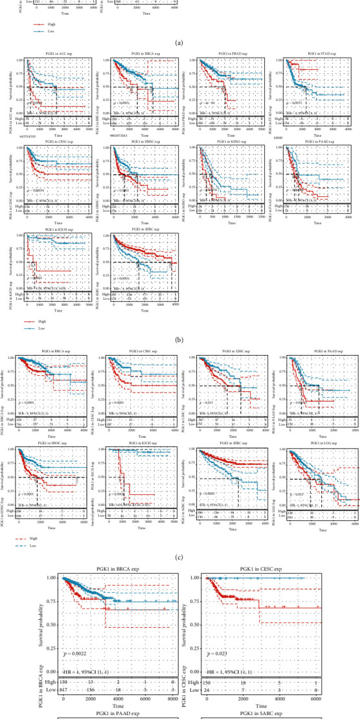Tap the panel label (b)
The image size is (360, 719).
(180, 341)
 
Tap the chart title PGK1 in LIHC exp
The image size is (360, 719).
(225, 353)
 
